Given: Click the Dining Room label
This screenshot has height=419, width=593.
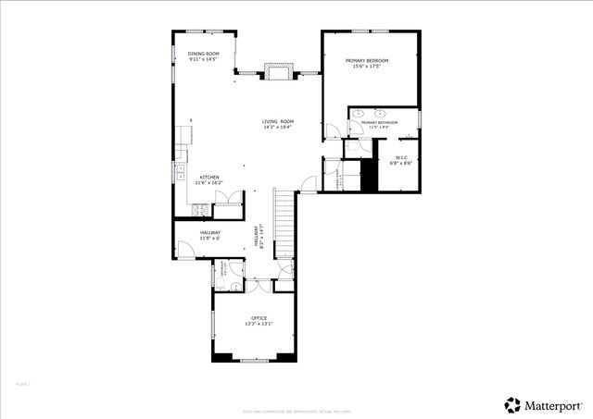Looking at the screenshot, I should (204, 54).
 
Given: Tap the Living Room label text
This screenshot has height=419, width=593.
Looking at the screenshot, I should (278, 121).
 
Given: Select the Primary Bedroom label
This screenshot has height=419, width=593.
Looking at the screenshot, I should (367, 60).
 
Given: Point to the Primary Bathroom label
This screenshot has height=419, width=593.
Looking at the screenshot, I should (380, 122).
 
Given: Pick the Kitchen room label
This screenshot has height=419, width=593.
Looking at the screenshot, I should (207, 177).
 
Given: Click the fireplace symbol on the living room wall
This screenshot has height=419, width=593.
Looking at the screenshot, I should (278, 72).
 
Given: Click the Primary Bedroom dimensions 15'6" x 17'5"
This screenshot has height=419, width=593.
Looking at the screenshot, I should (367, 67).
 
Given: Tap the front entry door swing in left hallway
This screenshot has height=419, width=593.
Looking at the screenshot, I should (185, 247).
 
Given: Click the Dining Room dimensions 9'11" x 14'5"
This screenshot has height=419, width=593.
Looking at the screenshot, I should (204, 60).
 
